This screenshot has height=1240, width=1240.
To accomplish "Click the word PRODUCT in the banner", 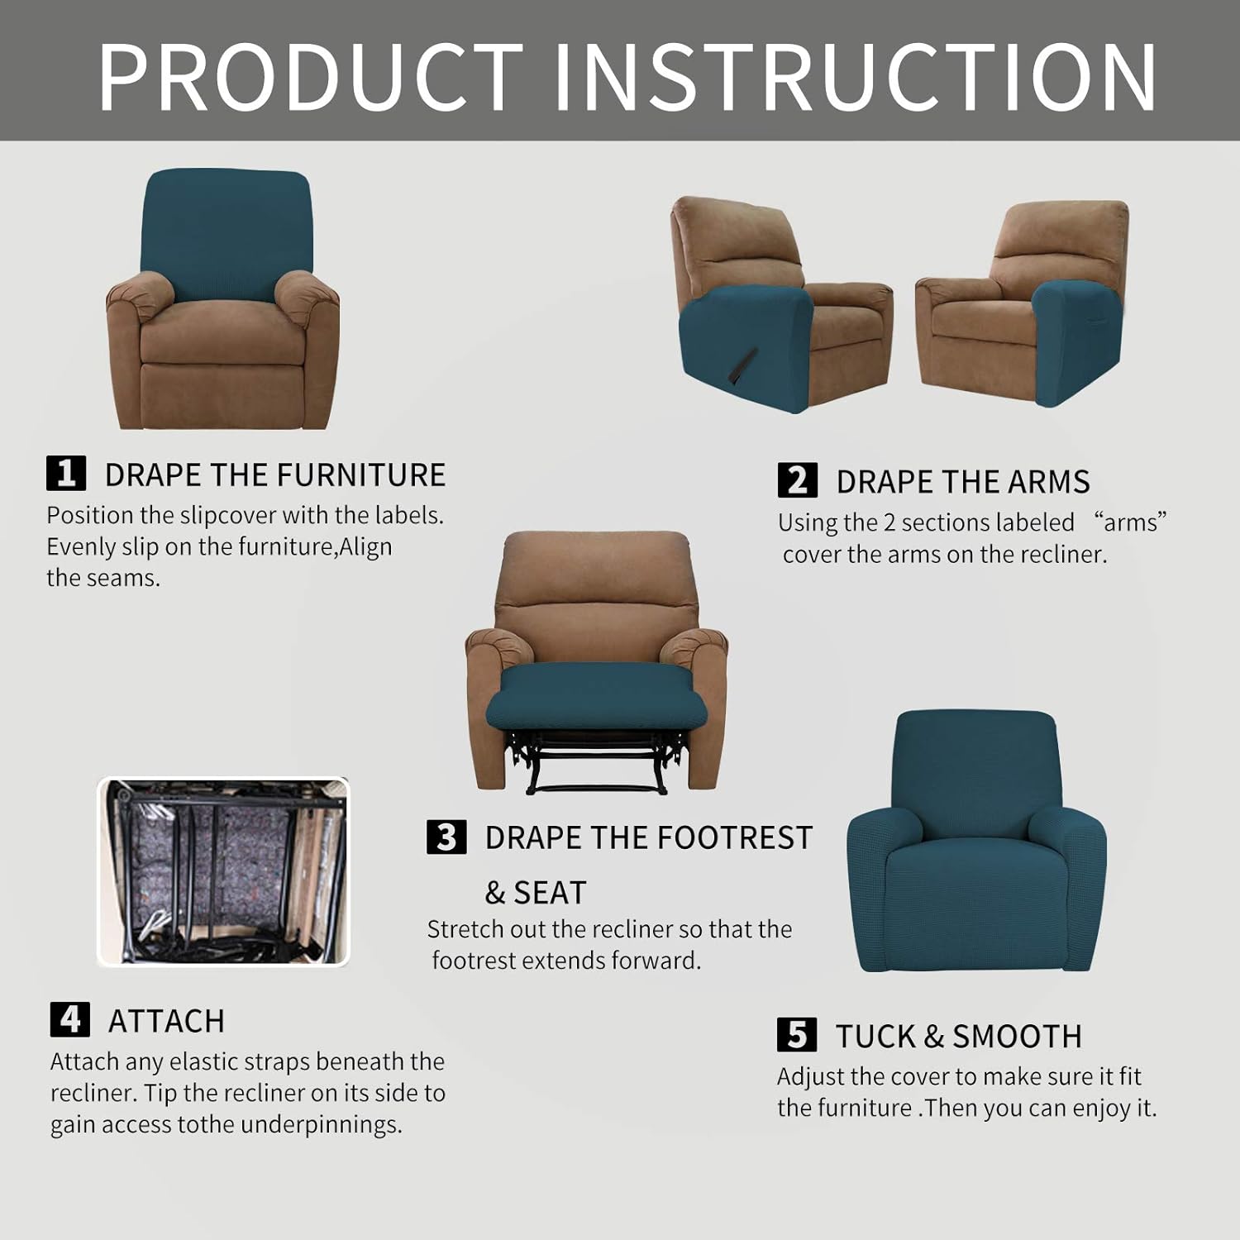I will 311,77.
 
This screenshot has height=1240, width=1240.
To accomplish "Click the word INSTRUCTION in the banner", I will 856,77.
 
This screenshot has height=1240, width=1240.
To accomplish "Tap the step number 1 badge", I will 66,474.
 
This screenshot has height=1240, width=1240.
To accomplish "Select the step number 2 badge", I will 797,480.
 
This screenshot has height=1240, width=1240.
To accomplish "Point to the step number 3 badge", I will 446,837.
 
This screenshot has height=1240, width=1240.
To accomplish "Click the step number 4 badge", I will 70,1019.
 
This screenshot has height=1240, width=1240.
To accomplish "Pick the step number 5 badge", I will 797,1035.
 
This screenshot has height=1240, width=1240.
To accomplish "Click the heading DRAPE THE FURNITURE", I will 274,475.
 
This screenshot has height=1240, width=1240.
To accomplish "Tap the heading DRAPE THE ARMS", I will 962,482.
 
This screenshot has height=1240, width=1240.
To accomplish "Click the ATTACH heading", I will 166,1022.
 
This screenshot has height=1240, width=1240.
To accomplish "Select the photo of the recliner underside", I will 223,871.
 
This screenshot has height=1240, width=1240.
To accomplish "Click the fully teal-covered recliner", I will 975,843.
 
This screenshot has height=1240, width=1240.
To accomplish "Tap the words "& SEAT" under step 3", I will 535,893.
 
